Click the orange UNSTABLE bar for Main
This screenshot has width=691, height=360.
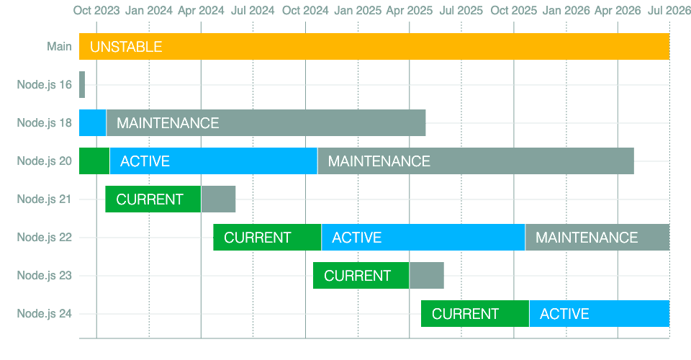click(374, 46)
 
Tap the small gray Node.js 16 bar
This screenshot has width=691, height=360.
click(82, 85)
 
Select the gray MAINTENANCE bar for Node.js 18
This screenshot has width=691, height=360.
click(266, 123)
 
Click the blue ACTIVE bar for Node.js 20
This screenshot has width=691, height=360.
click(213, 161)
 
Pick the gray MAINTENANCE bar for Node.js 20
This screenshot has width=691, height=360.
click(476, 161)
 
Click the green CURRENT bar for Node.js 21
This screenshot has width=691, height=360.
click(153, 199)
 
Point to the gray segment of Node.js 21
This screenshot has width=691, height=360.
click(218, 199)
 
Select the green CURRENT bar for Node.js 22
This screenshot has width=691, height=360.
click(267, 237)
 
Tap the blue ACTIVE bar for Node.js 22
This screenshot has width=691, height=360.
click(423, 237)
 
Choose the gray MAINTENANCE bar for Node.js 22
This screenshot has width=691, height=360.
click(597, 237)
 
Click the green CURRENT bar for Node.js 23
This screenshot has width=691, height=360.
click(361, 275)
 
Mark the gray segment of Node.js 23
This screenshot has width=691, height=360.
click(427, 275)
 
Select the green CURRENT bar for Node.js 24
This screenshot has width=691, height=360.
click(475, 313)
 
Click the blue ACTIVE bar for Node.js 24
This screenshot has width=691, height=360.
click(600, 313)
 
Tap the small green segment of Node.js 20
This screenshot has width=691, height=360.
click(94, 161)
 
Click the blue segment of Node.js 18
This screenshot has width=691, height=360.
click(93, 123)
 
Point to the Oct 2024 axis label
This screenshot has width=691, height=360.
click(305, 11)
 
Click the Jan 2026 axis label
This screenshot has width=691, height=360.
click(566, 11)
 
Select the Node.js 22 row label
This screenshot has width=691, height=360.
click(44, 237)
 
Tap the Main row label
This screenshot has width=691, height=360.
click(59, 46)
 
